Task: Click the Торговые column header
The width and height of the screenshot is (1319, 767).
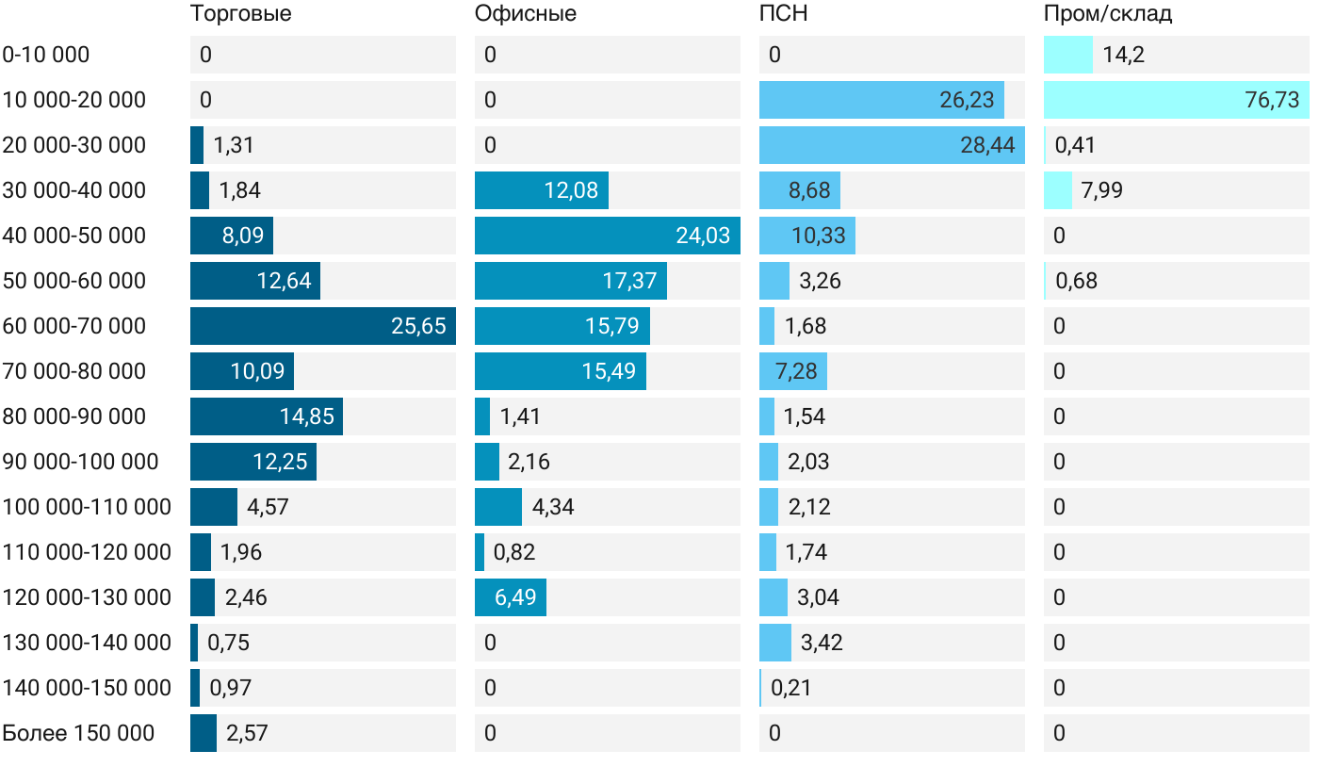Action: (240, 14)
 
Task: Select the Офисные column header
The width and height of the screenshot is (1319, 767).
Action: (526, 14)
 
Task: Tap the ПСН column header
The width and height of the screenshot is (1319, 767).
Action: (784, 14)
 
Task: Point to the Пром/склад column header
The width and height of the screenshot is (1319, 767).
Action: (1108, 14)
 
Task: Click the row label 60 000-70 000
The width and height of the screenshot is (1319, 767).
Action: (74, 326)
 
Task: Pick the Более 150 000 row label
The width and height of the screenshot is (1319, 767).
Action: (78, 733)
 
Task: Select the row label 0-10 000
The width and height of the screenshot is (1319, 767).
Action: (46, 55)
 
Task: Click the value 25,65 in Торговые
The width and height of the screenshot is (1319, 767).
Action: (418, 326)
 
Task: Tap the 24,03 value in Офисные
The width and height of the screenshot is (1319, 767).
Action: (703, 236)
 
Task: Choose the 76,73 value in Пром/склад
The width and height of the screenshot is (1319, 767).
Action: (1272, 100)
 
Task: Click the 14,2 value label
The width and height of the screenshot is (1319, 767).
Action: (1123, 55)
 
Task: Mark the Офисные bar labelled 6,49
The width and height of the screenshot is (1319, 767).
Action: (511, 597)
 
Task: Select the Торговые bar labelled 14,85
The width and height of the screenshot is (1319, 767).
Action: (267, 416)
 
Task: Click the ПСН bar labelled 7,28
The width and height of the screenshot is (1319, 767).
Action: (793, 371)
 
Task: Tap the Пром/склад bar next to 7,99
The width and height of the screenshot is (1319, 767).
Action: (1058, 190)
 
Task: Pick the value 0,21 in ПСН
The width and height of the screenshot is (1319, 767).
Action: (790, 688)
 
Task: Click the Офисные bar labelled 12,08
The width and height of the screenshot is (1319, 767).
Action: (542, 190)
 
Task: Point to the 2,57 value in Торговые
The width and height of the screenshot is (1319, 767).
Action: (247, 733)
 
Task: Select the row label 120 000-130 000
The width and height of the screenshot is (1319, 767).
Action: (87, 597)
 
